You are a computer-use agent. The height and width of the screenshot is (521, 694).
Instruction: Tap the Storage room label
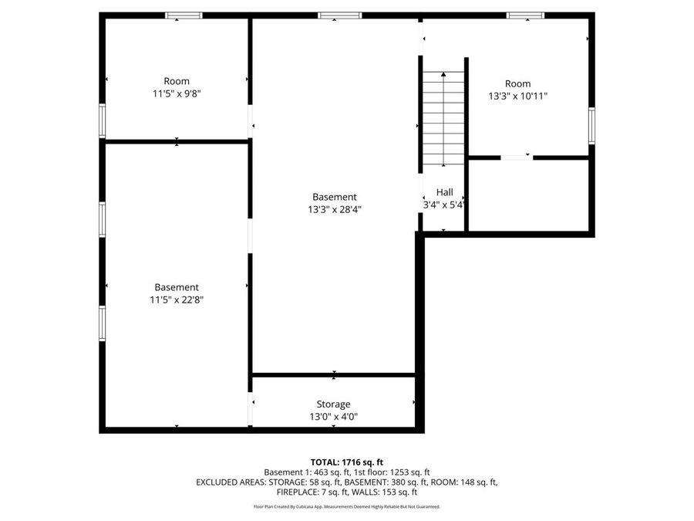(333, 404)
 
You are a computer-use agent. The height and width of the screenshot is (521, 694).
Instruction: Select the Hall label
(444, 192)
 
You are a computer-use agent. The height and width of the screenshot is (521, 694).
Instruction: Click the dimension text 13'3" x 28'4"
(335, 209)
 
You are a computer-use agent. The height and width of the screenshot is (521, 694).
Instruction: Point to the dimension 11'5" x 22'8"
(177, 299)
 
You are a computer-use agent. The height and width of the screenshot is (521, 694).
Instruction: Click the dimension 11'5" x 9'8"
(177, 93)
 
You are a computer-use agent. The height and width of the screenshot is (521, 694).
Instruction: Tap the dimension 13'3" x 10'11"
(517, 96)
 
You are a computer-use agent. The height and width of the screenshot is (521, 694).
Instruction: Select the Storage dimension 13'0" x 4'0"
(333, 417)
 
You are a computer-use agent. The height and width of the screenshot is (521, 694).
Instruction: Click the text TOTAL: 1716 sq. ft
(347, 461)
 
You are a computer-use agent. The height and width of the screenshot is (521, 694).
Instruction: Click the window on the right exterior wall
(592, 125)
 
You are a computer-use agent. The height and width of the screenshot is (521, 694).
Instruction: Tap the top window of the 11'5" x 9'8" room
(184, 15)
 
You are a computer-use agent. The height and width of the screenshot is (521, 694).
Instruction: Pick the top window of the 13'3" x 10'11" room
(525, 15)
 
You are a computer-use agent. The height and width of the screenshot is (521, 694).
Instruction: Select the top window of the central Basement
(339, 15)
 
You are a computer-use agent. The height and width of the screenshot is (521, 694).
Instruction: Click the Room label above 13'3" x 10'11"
(517, 83)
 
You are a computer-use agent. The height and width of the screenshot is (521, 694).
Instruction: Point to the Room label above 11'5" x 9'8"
(177, 81)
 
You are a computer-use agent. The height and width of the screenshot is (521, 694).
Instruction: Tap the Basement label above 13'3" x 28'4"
(335, 197)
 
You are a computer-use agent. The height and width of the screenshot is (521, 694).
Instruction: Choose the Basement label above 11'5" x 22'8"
(177, 287)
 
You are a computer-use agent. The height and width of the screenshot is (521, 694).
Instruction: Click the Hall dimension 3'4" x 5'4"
(444, 205)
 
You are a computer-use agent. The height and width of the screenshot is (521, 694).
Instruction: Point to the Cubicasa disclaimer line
(347, 507)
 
